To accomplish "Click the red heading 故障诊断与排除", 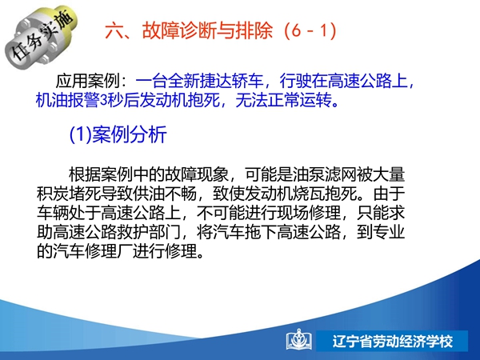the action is (x=207, y=31).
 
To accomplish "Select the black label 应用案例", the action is (x=87, y=81).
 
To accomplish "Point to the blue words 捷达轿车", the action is (x=231, y=81).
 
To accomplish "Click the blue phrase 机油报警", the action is (x=67, y=100).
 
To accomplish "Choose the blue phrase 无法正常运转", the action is (x=283, y=100).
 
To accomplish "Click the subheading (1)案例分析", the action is (x=118, y=134).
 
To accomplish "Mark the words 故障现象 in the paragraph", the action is (x=197, y=174).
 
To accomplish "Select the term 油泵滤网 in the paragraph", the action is (x=325, y=174).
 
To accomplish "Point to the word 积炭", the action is (x=53, y=194).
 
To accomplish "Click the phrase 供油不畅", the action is (x=165, y=194).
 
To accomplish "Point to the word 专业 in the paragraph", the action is (x=389, y=232).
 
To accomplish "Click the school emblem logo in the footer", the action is (x=299, y=340).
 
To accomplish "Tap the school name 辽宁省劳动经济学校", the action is (x=393, y=342).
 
